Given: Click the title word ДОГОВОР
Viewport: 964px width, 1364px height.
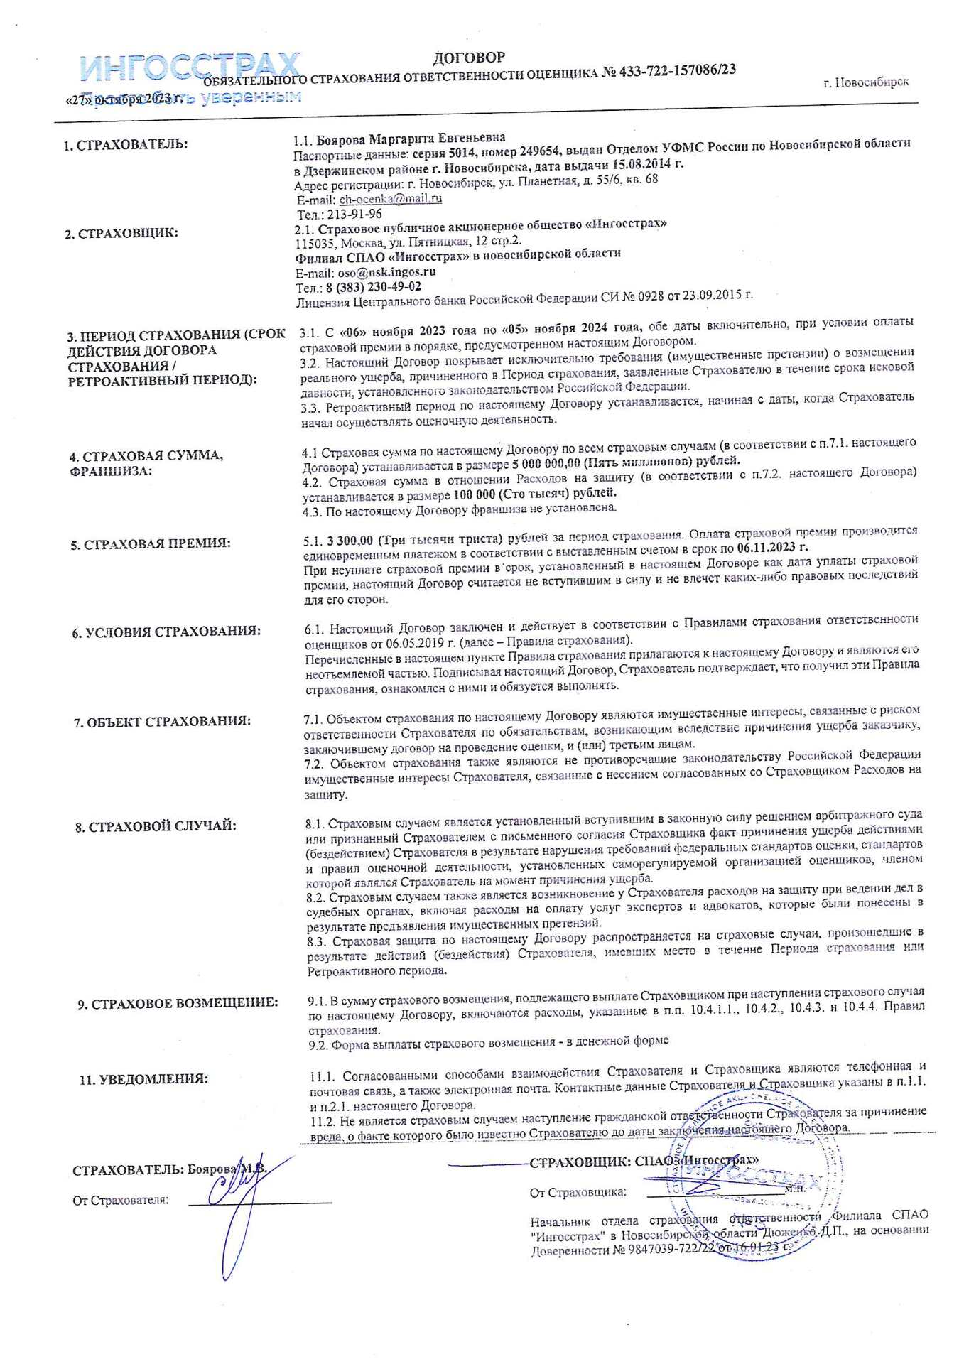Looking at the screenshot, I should point(469,58).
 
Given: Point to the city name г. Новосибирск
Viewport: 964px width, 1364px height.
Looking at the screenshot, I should point(866,82).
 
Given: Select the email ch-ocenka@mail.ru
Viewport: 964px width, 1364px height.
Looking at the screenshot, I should point(390,199).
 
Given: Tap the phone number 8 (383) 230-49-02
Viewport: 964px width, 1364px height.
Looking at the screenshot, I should point(373,288).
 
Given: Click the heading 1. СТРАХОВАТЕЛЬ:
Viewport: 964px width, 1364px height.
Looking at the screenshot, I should point(126,145).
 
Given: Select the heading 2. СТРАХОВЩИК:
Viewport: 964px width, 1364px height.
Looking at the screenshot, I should point(121,234).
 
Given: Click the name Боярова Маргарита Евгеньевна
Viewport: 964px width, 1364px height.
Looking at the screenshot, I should point(411,139).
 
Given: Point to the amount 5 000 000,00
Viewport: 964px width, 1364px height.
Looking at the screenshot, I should point(546,462).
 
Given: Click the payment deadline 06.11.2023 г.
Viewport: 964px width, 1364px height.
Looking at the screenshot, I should point(772,547).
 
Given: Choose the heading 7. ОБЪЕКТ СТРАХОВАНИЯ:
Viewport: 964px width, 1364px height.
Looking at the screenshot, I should point(162,722).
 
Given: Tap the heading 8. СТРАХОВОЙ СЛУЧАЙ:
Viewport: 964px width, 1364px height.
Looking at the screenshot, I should point(156,827).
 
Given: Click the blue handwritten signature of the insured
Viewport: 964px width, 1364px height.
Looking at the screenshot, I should point(242,1201).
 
